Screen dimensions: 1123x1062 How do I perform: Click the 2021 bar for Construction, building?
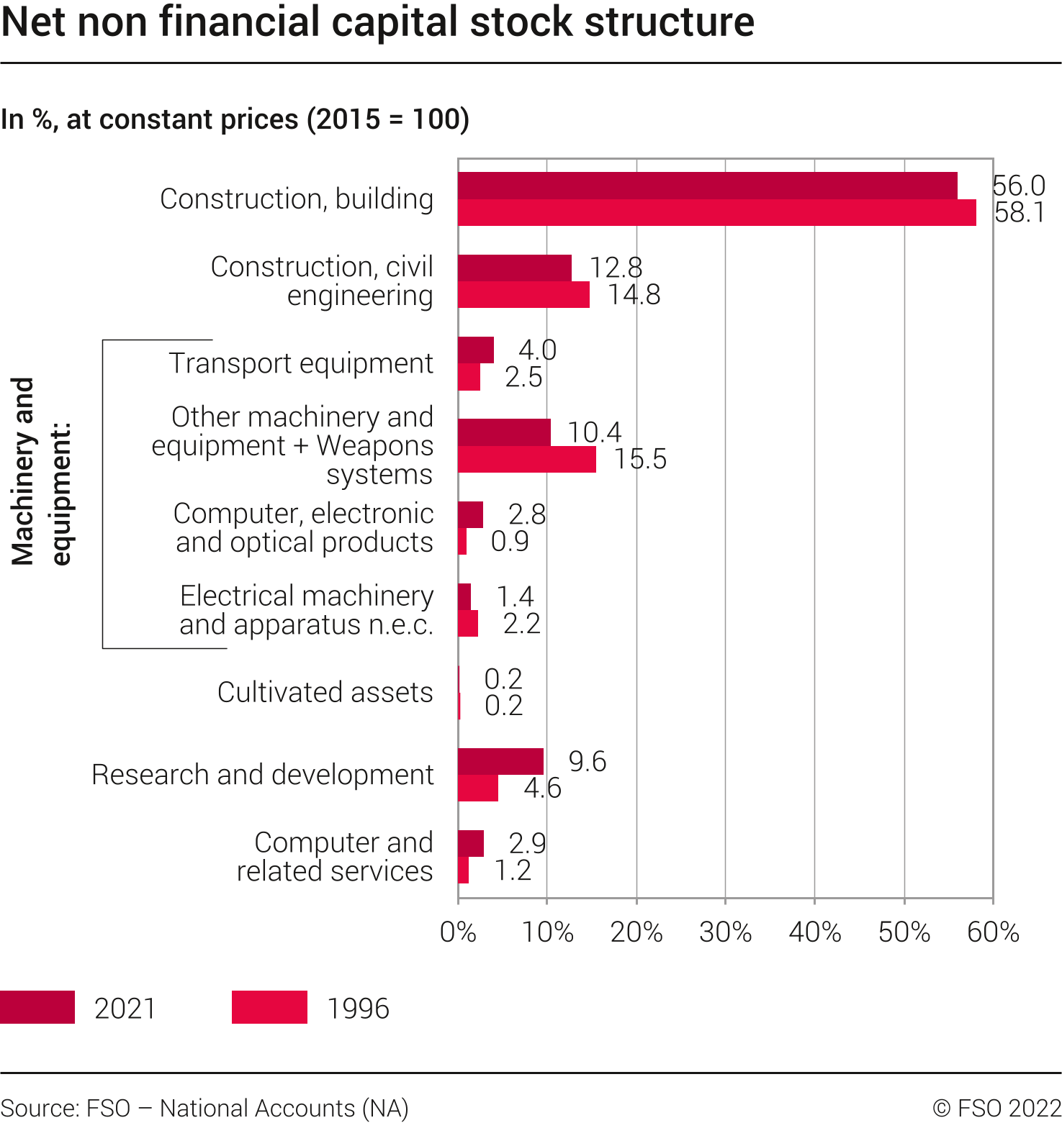point(708,186)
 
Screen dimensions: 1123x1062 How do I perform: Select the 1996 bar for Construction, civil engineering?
point(523,295)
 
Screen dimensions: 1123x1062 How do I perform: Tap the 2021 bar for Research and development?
point(500,761)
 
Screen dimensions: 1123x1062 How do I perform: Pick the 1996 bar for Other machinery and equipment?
point(527,460)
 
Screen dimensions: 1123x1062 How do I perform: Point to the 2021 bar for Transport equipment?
point(476,350)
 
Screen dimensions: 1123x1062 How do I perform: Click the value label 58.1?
point(1020,213)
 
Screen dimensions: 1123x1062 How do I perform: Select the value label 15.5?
point(640,459)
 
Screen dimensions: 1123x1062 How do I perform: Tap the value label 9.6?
point(588,761)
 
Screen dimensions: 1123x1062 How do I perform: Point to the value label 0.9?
point(510,541)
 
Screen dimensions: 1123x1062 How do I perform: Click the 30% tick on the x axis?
point(725,900)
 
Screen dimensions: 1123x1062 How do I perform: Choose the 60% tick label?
point(993,932)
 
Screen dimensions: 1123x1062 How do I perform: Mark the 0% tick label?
point(458,932)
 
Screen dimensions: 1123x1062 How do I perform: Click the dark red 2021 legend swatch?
point(37,1007)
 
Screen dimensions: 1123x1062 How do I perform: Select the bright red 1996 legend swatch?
point(269,1007)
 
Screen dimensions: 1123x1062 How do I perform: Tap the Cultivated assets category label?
point(325,692)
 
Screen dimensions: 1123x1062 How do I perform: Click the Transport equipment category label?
point(301,363)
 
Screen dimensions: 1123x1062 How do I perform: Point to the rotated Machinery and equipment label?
point(40,471)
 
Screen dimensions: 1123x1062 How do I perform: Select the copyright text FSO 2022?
point(997,1108)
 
